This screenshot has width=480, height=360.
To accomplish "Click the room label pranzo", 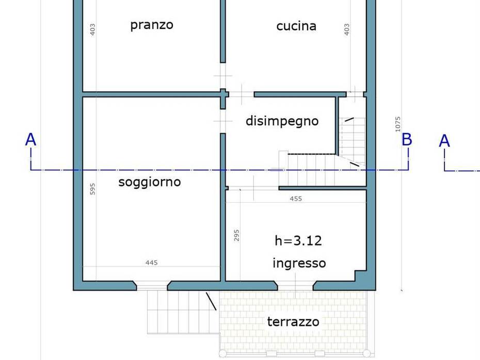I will pyautogui.click(x=152, y=25).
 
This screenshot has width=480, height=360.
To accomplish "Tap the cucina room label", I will pyautogui.click(x=296, y=26).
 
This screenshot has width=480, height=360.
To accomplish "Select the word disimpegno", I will pyautogui.click(x=282, y=121).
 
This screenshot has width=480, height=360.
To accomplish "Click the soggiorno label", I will pyautogui.click(x=150, y=182).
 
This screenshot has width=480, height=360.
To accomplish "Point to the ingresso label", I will pyautogui.click(x=299, y=263).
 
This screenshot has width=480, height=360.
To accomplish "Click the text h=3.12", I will pyautogui.click(x=298, y=240).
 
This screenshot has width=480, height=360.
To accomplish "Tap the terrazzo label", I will pyautogui.click(x=293, y=322).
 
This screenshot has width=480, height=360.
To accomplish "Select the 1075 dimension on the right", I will pyautogui.click(x=398, y=124).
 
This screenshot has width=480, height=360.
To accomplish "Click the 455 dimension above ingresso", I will pyautogui.click(x=296, y=199).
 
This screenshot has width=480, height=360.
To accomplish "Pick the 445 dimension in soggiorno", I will pyautogui.click(x=151, y=263).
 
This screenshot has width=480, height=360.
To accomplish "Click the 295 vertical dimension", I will pyautogui.click(x=237, y=236).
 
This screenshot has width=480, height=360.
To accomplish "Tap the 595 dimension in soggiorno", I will pyautogui.click(x=93, y=189).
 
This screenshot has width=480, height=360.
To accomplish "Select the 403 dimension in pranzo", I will pyautogui.click(x=93, y=29).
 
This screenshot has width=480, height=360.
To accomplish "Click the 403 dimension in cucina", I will pyautogui.click(x=347, y=29).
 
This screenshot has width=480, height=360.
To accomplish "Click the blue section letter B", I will pyautogui.click(x=407, y=140).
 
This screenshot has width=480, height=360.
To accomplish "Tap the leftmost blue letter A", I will pyautogui.click(x=31, y=140).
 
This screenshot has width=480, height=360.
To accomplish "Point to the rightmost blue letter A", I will pyautogui.click(x=444, y=141).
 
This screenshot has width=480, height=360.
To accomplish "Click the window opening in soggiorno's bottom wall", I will pyautogui.click(x=152, y=285).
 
